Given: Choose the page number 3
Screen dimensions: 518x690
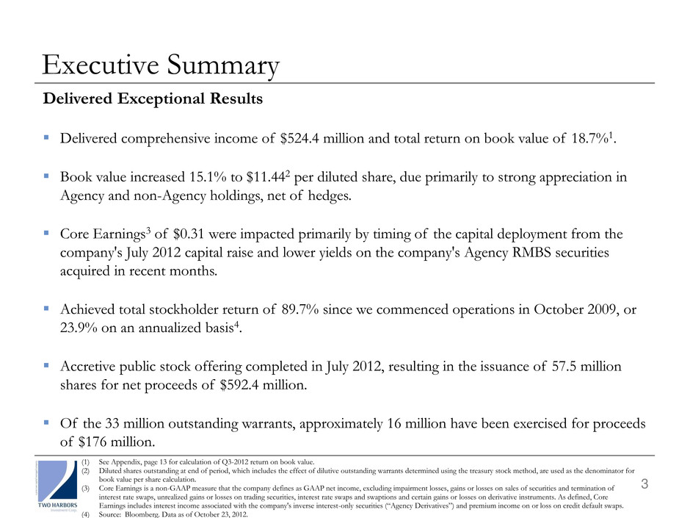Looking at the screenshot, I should click(644, 483).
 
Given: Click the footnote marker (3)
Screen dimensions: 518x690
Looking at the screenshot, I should click(87, 488).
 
